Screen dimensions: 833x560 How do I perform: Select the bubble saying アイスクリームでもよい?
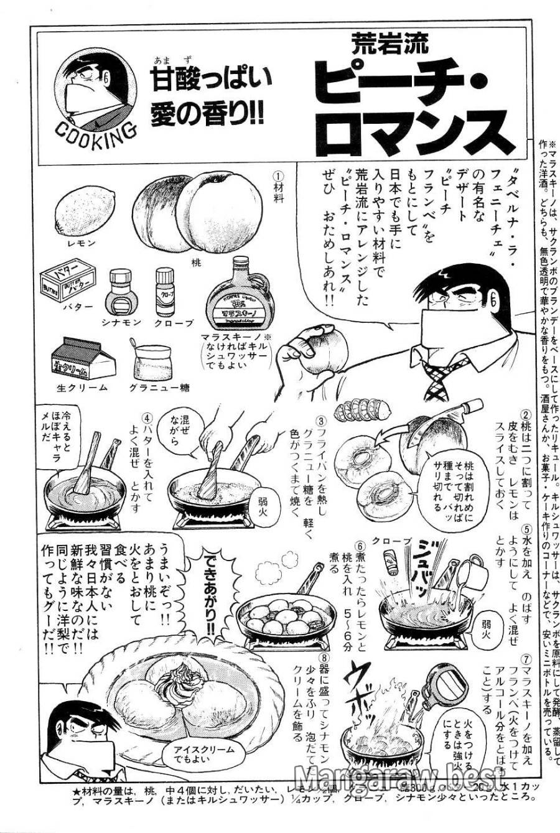191,755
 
